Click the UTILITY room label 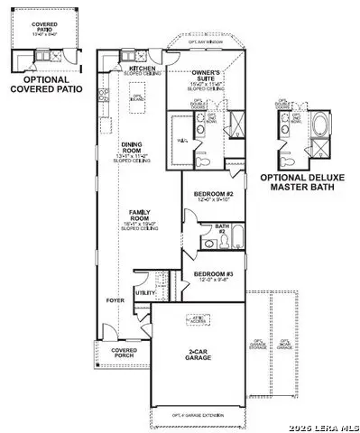[144, 293]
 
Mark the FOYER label [115, 299]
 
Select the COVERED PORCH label [124, 354]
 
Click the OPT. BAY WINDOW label [204, 42]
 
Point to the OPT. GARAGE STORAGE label [263, 341]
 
